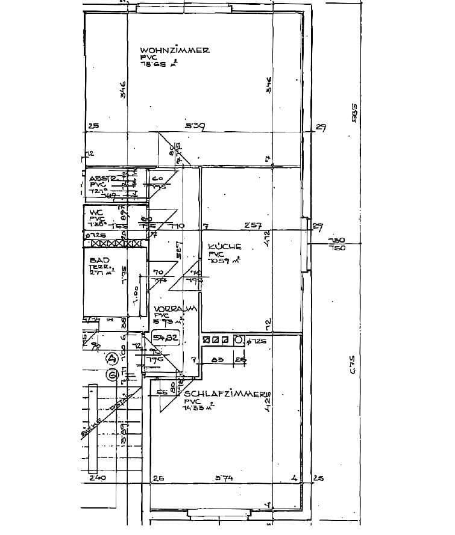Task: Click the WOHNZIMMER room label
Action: (174, 51)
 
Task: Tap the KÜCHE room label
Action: (224, 246)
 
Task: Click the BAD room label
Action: (99, 260)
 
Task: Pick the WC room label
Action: (96, 212)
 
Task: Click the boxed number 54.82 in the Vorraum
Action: (166, 338)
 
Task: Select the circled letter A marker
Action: (111, 359)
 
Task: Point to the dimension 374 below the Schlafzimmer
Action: (224, 478)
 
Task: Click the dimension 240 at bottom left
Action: (96, 478)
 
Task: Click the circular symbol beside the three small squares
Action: (239, 341)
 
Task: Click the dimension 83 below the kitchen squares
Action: (218, 360)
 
